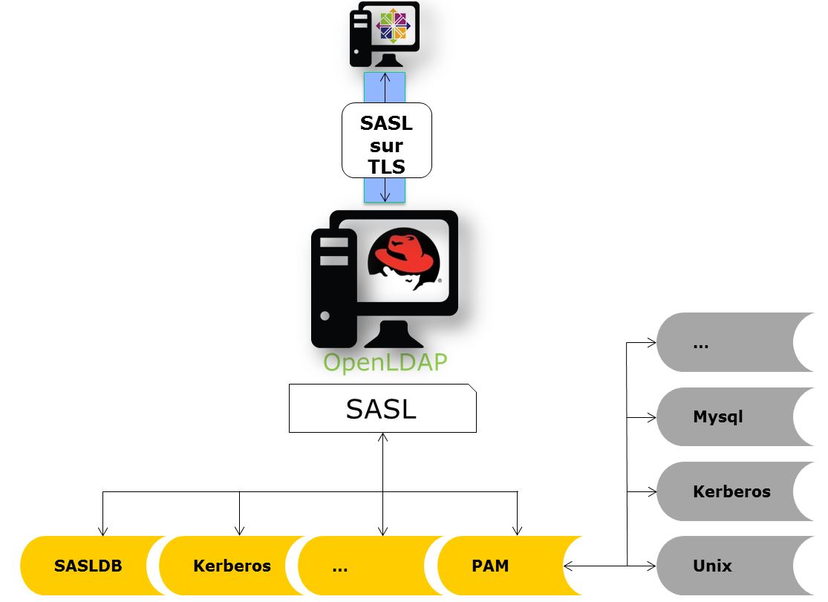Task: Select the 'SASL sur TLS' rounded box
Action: click(x=386, y=140)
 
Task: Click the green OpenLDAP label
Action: click(x=385, y=362)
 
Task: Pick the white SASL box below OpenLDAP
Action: click(x=382, y=408)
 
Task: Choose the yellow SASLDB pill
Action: click(x=88, y=566)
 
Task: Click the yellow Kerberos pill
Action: click(x=232, y=566)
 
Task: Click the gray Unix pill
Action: click(x=724, y=566)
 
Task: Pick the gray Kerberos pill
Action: click(x=724, y=491)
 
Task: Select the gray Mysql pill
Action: click(x=724, y=417)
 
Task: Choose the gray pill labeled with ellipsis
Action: click(x=724, y=343)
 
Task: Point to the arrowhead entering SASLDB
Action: click(x=102, y=531)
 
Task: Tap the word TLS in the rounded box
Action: click(x=386, y=167)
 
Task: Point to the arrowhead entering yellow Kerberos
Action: click(x=239, y=531)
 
